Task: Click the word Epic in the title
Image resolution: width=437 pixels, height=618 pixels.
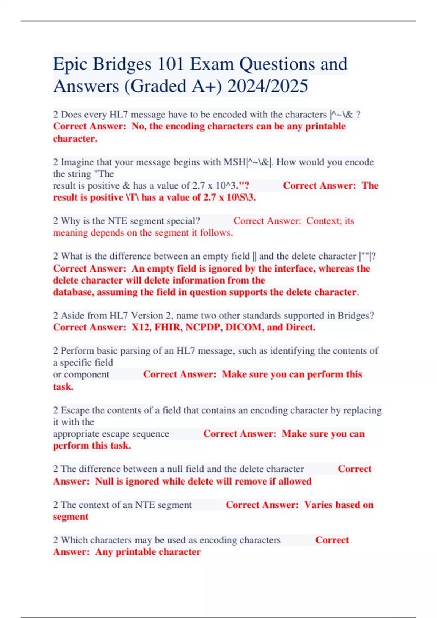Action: tap(70, 65)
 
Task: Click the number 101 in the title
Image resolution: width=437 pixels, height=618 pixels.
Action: tap(171, 64)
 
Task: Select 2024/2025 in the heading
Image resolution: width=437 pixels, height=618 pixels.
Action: tap(268, 86)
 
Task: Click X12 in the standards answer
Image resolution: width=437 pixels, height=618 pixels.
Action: tap(141, 327)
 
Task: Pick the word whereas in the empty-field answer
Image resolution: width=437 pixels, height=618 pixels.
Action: tap(337, 269)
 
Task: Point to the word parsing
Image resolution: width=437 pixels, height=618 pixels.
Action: tap(135, 351)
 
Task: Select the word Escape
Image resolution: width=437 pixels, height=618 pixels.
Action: tap(75, 410)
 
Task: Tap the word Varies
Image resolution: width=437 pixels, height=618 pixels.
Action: tap(318, 505)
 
